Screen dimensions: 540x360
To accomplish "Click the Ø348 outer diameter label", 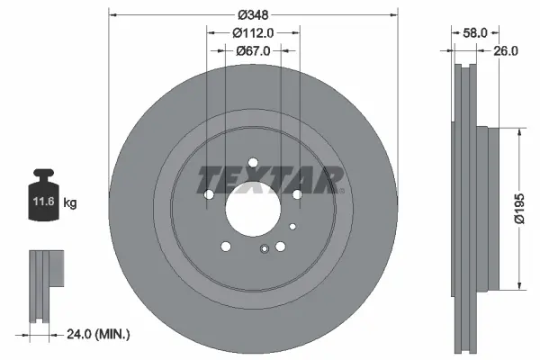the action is click(x=253, y=14).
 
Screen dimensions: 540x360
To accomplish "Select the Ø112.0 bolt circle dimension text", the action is click(x=253, y=33).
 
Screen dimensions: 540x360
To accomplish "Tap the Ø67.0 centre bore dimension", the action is click(x=253, y=51).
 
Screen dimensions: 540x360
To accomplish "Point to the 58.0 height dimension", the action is click(x=475, y=33).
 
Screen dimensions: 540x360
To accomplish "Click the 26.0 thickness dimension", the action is click(x=506, y=51).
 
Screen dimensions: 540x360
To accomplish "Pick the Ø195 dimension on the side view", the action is click(x=519, y=209).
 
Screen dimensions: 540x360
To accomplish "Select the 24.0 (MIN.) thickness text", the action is click(x=98, y=334).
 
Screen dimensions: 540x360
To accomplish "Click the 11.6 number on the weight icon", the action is click(x=44, y=202).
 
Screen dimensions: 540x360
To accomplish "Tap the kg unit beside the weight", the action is click(x=70, y=202).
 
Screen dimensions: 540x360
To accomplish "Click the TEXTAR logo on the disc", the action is click(x=270, y=179).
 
